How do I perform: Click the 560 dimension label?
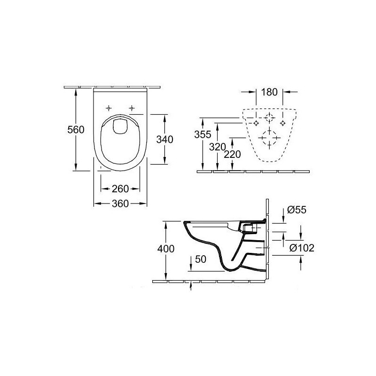(76, 130)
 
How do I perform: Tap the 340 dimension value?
(165, 139)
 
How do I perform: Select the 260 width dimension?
(120, 189)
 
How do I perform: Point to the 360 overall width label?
(120, 204)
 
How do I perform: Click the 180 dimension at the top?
(269, 92)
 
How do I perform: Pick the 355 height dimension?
(203, 134)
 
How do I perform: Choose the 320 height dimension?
(218, 147)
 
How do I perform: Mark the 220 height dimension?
(232, 155)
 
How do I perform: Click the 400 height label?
(166, 249)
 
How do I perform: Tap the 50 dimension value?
(201, 259)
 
